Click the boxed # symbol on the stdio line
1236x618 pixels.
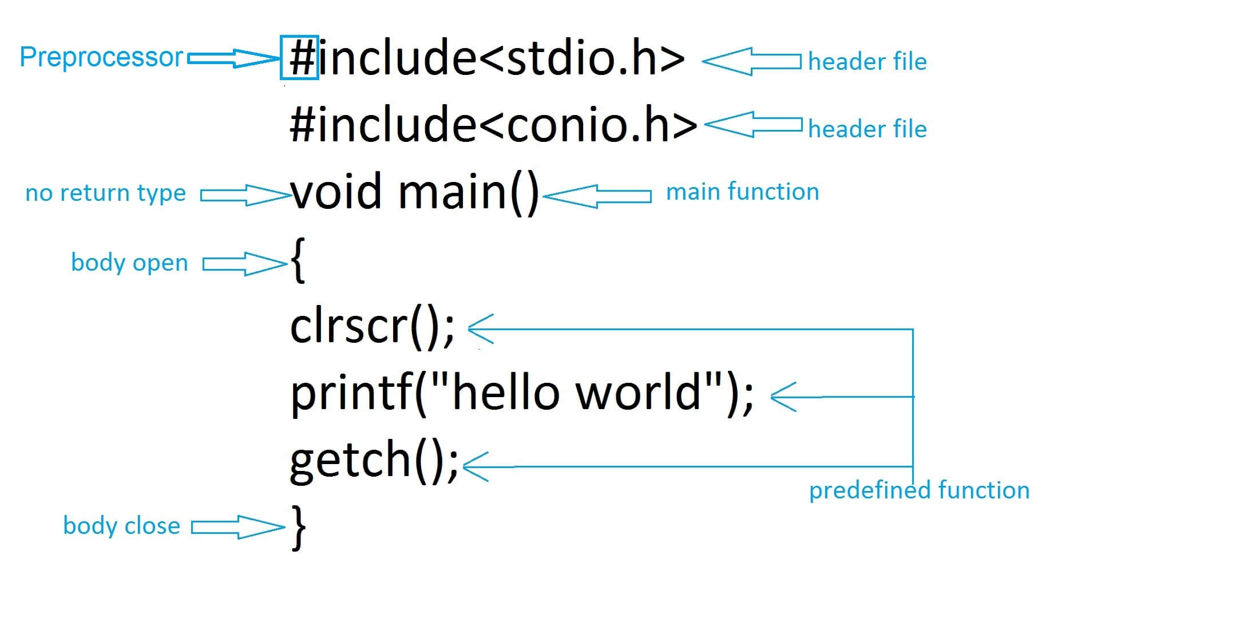(300, 58)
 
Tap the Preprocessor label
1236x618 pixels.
(101, 57)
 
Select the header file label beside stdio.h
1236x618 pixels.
(867, 62)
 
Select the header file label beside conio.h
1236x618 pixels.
(867, 129)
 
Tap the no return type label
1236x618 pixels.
(106, 193)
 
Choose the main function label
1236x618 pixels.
(742, 192)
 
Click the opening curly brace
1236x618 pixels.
(298, 260)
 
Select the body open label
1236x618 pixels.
(129, 263)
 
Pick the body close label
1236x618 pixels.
(121, 526)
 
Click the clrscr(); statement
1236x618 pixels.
(372, 327)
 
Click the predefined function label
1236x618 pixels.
(919, 490)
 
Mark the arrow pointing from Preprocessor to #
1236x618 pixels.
(232, 58)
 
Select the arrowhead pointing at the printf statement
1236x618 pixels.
(783, 397)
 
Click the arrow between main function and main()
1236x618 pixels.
(596, 196)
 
